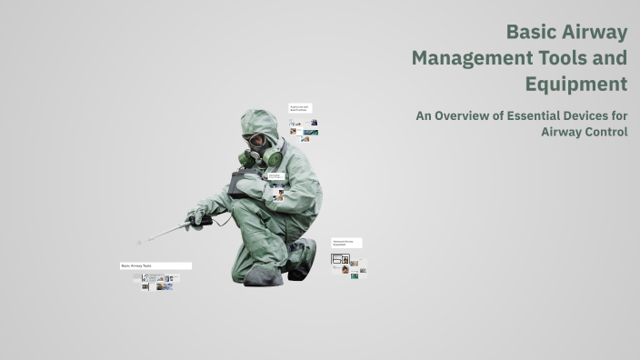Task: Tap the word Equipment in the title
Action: pyautogui.click(x=575, y=85)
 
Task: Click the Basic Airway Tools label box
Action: pyautogui.click(x=155, y=265)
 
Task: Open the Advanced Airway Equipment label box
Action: pyautogui.click(x=346, y=244)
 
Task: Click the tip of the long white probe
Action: pyautogui.click(x=140, y=242)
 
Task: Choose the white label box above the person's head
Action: pyautogui.click(x=300, y=108)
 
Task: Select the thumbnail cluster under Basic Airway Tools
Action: pyautogui.click(x=155, y=282)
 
